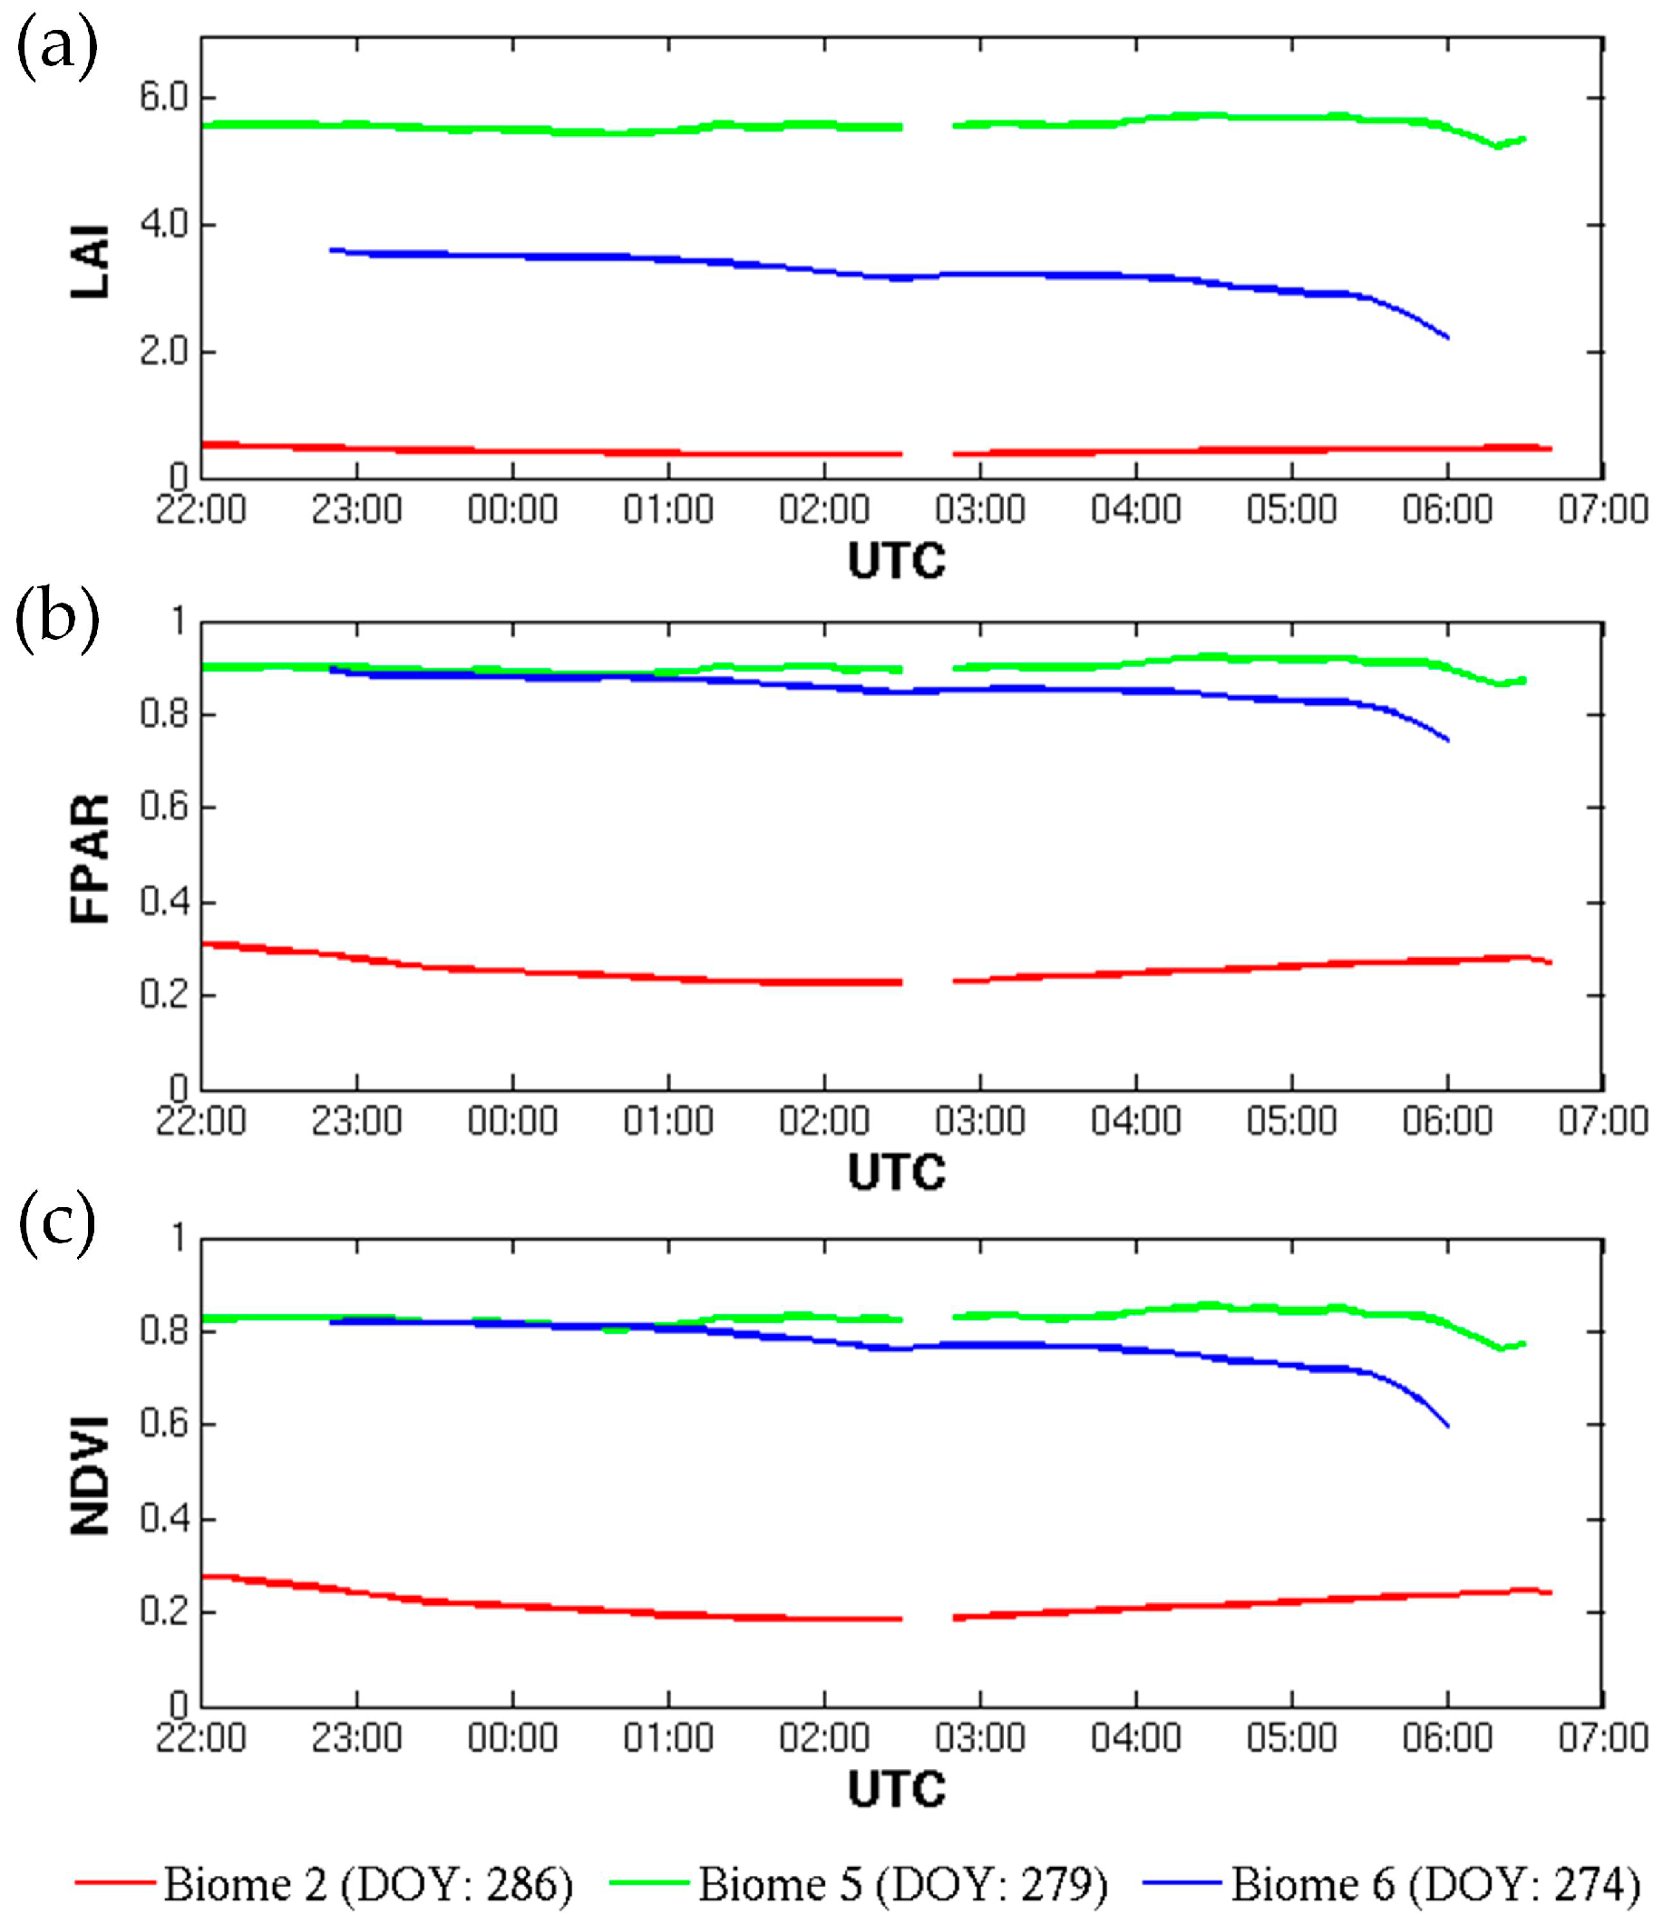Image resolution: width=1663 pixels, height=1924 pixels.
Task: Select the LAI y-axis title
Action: (90, 261)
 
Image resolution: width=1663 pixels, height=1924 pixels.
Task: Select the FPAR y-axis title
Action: (90, 858)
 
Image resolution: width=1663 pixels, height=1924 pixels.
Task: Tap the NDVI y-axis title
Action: (90, 1475)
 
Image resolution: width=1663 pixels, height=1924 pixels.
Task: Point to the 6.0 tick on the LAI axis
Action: (163, 97)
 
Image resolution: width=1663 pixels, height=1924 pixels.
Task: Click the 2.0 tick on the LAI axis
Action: (163, 351)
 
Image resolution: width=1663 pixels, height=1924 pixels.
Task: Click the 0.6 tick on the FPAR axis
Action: (163, 806)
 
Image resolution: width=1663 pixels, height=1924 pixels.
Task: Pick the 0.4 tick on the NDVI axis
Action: (163, 1518)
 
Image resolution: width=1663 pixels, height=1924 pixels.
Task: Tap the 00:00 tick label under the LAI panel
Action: (512, 510)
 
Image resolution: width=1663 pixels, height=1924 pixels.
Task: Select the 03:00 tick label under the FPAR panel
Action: (980, 1121)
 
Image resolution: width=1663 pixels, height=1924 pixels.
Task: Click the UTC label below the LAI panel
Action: (897, 561)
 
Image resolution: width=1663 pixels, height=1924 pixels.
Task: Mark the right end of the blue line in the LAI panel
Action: (1447, 338)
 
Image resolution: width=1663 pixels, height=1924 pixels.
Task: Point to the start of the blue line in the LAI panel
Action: (332, 250)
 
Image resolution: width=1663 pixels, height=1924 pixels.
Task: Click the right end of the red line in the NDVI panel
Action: (1551, 1593)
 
